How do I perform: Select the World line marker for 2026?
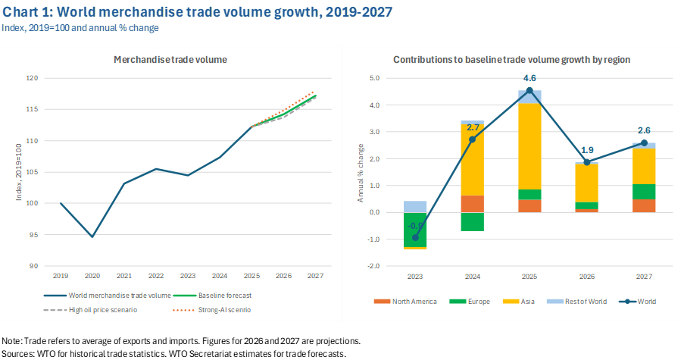point(586,161)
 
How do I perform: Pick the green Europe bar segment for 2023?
point(414,229)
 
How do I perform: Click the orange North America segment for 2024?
point(472,204)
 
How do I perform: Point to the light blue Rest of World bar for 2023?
point(414,206)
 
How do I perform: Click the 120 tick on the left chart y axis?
point(32,78)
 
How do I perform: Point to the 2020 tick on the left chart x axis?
point(92,276)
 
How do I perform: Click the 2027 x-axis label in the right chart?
point(644,277)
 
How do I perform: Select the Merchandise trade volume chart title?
point(170,59)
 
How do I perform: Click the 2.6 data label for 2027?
point(644,130)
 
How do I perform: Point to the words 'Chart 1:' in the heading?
point(28,12)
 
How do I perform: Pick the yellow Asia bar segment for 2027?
point(644,166)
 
